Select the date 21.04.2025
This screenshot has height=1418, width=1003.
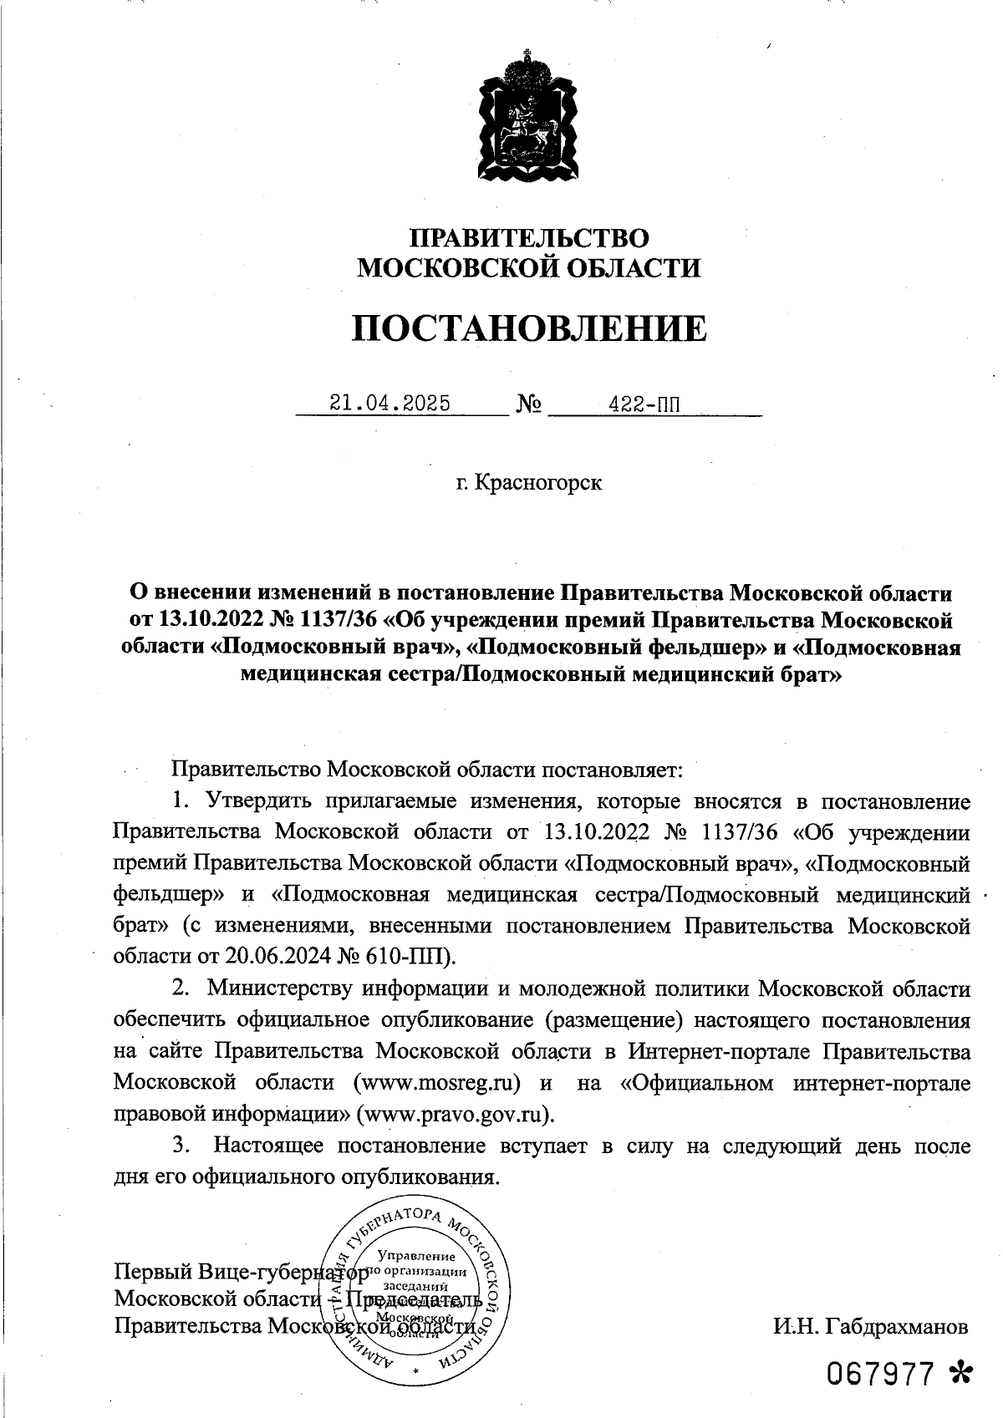tap(389, 404)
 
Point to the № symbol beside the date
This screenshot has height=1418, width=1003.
tap(529, 405)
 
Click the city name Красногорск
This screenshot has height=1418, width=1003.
tap(537, 483)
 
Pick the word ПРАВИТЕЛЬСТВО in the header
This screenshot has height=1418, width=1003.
tap(528, 237)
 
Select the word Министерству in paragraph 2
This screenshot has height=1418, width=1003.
tap(278, 989)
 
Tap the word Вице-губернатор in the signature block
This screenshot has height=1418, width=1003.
tap(283, 1274)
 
